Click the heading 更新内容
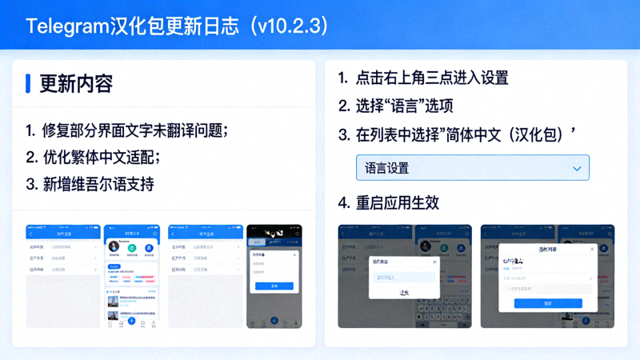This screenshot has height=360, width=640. pyautogui.click(x=76, y=83)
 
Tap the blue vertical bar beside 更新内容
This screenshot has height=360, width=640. pyautogui.click(x=28, y=83)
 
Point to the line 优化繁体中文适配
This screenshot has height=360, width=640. pyautogui.click(x=100, y=156)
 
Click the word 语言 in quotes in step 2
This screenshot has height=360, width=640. pyautogui.click(x=403, y=106)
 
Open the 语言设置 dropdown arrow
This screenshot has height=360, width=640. pyautogui.click(x=577, y=169)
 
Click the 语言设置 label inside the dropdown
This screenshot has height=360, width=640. pyautogui.click(x=386, y=169)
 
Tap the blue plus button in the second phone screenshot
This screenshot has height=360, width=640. pyautogui.click(x=132, y=321)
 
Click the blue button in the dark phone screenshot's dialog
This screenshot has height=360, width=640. pyautogui.click(x=274, y=286)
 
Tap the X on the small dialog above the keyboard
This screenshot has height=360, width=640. pyautogui.click(x=434, y=262)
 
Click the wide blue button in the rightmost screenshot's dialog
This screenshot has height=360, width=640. pyautogui.click(x=548, y=303)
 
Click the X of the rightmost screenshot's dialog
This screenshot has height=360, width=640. pyautogui.click(x=593, y=249)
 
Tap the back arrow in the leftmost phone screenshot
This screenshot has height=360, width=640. pyautogui.click(x=30, y=234)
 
